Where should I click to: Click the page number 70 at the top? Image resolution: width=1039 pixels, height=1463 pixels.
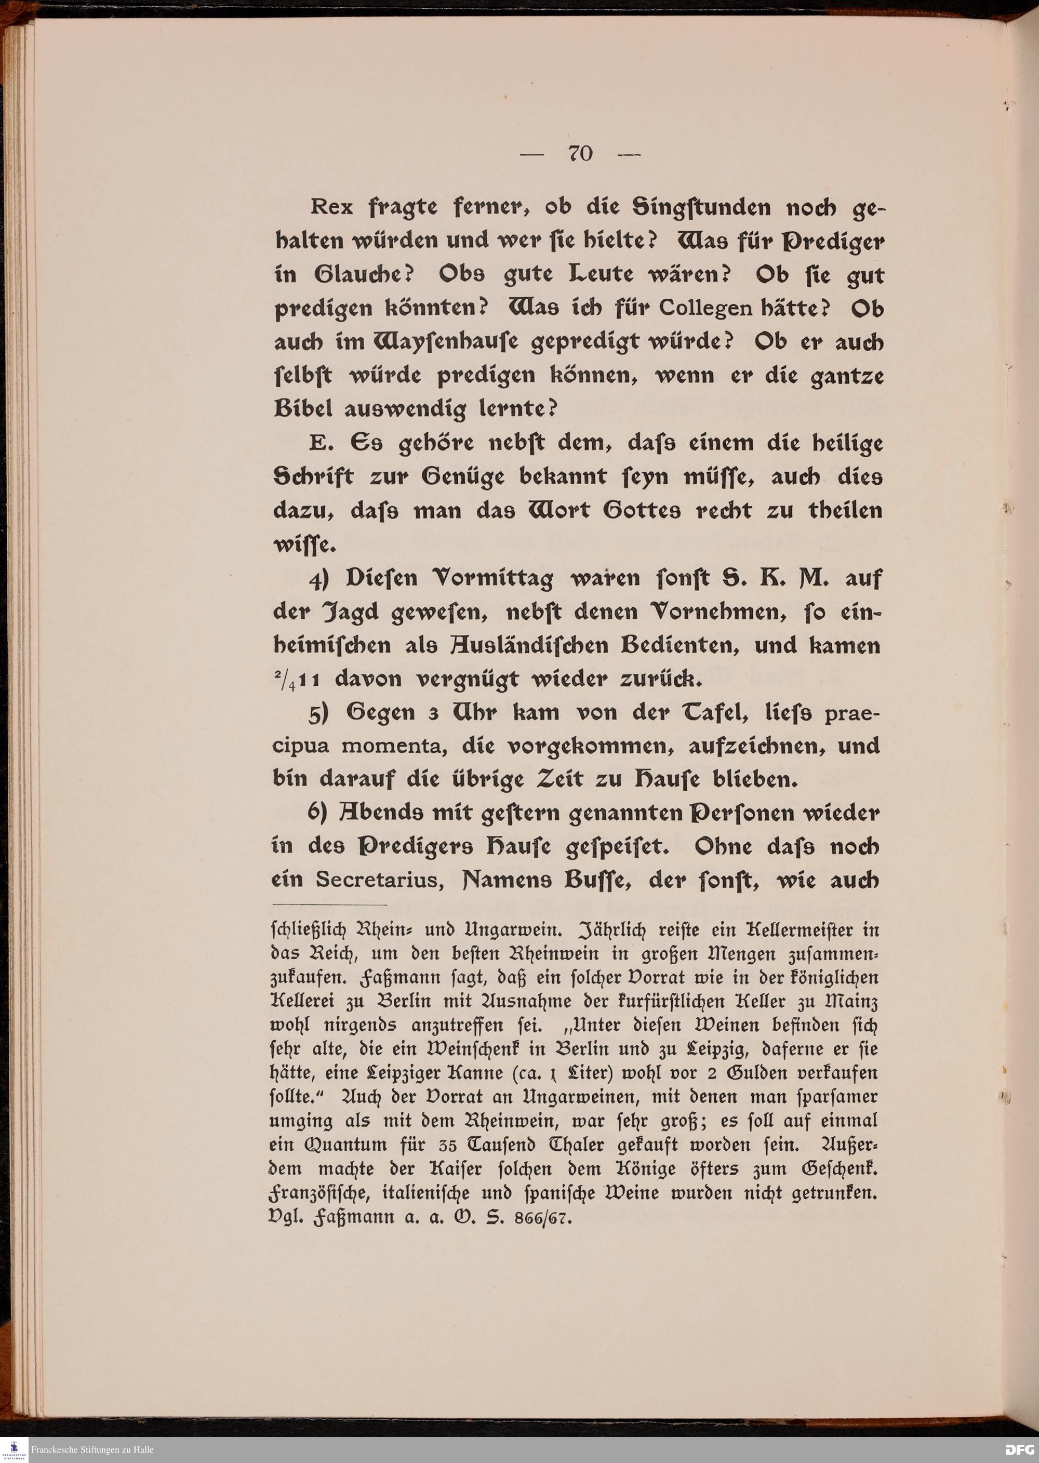[580, 154]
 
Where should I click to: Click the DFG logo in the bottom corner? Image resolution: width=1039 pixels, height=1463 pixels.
[1019, 1450]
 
